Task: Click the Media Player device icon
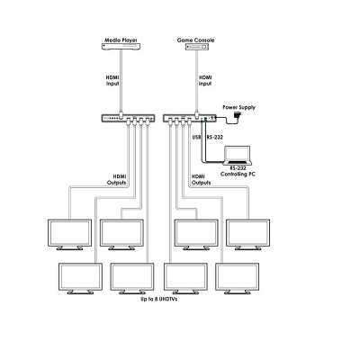pos(121,47)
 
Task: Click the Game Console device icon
pos(197,47)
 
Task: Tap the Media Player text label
pos(121,40)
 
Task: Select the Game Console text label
pos(195,40)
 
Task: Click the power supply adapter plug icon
pos(238,115)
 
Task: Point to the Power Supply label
pos(238,107)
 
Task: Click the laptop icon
pos(238,156)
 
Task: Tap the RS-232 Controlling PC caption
pos(238,171)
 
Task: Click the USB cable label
pos(196,137)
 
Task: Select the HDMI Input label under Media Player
pos(112,81)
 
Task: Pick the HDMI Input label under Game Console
pos(205,81)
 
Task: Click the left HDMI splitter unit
pos(128,118)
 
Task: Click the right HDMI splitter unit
pos(190,118)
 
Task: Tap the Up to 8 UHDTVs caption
pos(159,299)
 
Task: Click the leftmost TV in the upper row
pos(69,235)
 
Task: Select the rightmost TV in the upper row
pos(247,235)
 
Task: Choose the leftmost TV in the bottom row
pos(80,278)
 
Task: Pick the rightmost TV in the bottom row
pos(237,278)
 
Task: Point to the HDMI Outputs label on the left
pos(117,179)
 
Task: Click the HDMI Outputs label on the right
pos(201,179)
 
